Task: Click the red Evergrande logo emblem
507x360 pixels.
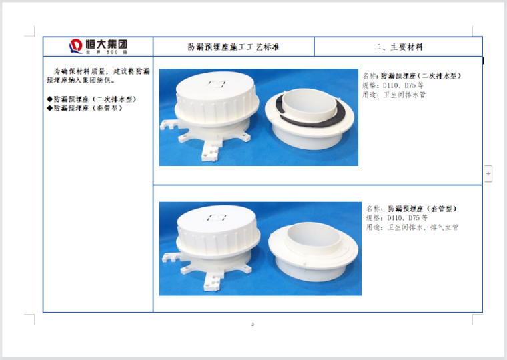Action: (76, 46)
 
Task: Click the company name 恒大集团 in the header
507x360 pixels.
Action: (106, 44)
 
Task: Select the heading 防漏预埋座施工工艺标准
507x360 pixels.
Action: (233, 47)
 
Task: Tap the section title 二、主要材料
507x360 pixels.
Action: (398, 47)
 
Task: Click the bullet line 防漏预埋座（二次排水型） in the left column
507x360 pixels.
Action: (91, 99)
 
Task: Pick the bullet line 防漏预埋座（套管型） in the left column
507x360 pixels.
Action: (85, 108)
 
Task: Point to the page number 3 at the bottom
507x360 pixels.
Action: (253, 324)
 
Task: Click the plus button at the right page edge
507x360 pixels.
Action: (488, 173)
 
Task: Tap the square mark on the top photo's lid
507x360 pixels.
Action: (216, 84)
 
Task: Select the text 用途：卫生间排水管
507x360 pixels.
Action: (394, 95)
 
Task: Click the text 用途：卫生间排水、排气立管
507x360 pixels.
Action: (412, 227)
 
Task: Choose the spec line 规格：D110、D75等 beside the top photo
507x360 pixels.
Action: (393, 85)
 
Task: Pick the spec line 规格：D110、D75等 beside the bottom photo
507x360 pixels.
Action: (397, 218)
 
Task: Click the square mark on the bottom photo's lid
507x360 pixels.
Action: (217, 217)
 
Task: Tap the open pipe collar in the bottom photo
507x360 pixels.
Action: (314, 253)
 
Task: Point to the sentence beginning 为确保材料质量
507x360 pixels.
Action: (98, 75)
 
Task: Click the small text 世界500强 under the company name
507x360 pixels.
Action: (106, 52)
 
